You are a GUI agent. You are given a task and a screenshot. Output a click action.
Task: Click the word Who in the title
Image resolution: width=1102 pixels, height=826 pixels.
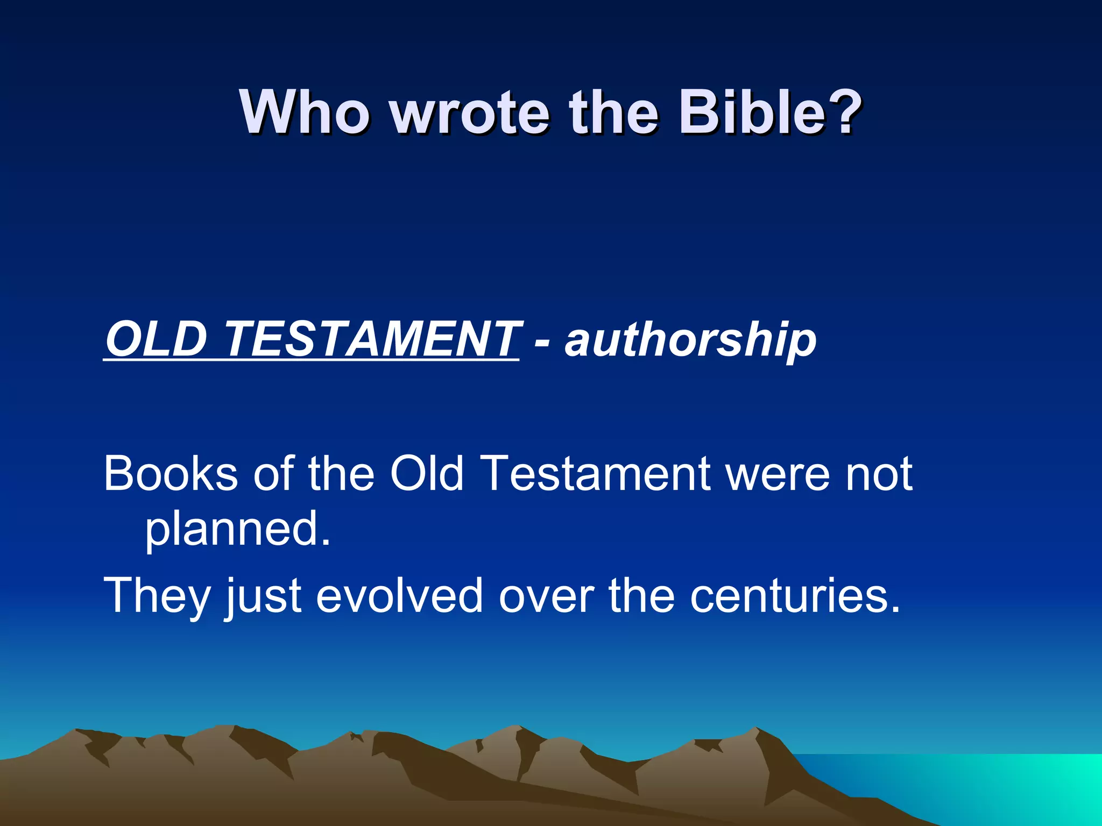[305, 113]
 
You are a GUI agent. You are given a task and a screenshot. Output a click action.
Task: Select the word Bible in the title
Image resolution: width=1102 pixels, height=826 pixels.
[751, 113]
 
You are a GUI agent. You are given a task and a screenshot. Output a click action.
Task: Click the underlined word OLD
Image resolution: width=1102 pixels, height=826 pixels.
[157, 339]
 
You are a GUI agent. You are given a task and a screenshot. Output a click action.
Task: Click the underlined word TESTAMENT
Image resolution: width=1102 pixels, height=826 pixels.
[371, 339]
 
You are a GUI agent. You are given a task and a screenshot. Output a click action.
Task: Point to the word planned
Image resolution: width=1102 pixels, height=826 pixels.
[237, 530]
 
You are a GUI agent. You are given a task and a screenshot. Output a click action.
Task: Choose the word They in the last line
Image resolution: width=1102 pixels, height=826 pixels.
[157, 596]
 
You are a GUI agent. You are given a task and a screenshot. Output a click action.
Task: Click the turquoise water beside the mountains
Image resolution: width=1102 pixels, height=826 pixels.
[995, 785]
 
